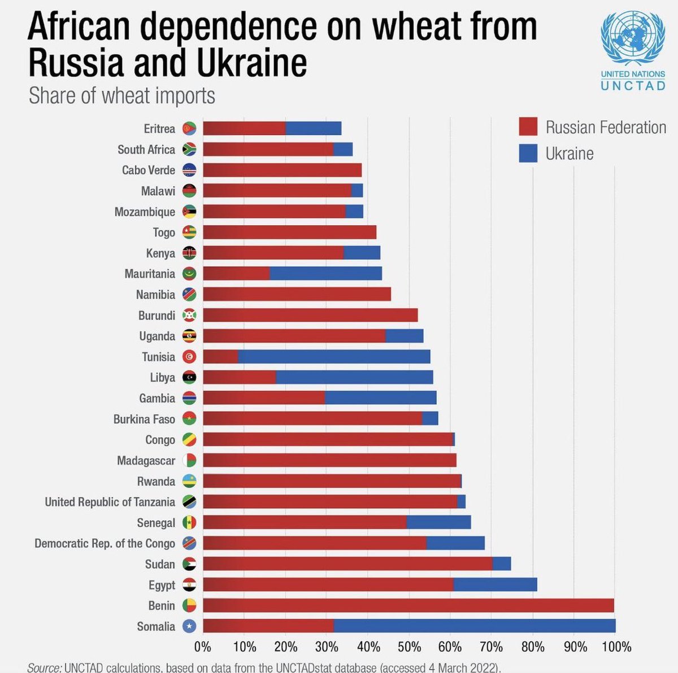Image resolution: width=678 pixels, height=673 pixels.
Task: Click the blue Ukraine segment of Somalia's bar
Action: click(475, 626)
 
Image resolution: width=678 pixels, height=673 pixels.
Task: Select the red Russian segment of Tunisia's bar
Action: click(220, 356)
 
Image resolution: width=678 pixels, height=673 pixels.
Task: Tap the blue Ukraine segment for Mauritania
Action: click(325, 273)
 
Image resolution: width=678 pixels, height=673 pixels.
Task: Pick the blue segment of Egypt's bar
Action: click(495, 584)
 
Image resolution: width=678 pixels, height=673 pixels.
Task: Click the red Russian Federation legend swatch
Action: click(528, 126)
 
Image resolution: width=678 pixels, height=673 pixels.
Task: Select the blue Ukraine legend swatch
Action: click(528, 153)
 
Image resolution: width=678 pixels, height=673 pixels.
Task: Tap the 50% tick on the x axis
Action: click(409, 646)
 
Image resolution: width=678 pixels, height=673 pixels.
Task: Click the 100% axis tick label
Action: click(616, 646)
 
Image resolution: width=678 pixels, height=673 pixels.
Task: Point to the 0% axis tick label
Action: click(202, 646)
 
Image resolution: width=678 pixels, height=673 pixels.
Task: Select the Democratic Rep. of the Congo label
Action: click(105, 543)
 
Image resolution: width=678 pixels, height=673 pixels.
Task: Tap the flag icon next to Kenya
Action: click(189, 253)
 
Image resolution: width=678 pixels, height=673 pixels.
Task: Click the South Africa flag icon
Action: click(189, 150)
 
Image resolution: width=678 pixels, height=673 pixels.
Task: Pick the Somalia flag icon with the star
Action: click(189, 626)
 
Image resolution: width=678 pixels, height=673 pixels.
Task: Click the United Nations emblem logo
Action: click(632, 39)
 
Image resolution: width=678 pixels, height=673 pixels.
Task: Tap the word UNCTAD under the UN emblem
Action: click(632, 86)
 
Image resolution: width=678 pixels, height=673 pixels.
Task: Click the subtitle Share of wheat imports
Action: click(122, 95)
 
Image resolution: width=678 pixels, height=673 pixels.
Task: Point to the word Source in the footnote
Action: click(44, 667)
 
